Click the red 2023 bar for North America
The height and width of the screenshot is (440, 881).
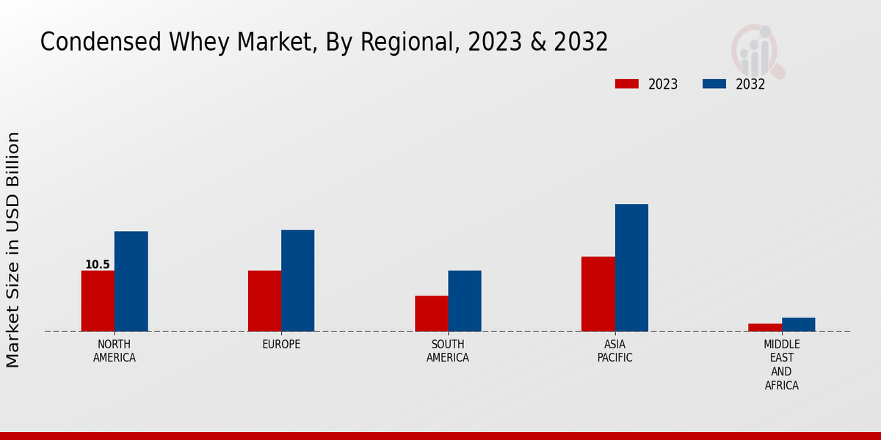[98, 301]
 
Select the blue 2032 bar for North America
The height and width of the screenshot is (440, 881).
[131, 281]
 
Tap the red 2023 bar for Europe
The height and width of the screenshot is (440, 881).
[264, 301]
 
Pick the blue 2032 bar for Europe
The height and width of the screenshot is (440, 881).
[297, 280]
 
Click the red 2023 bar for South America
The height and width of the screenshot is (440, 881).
[431, 313]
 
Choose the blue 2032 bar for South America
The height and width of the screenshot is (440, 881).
[465, 301]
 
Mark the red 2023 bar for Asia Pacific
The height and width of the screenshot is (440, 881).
[598, 293]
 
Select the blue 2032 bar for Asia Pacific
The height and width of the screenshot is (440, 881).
[631, 268]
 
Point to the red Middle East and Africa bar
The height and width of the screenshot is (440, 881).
[765, 327]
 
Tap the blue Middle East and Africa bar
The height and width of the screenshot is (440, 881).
[798, 324]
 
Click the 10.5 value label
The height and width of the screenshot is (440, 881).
[97, 265]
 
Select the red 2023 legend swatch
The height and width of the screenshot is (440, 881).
[626, 84]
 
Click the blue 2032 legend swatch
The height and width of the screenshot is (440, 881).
[714, 84]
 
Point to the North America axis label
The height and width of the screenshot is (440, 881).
[114, 351]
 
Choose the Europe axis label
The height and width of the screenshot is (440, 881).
[281, 345]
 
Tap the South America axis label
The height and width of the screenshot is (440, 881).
[448, 351]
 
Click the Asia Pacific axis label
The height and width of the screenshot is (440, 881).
[614, 351]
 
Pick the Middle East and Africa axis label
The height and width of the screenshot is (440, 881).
[781, 364]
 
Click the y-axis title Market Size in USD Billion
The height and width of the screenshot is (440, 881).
[13, 249]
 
